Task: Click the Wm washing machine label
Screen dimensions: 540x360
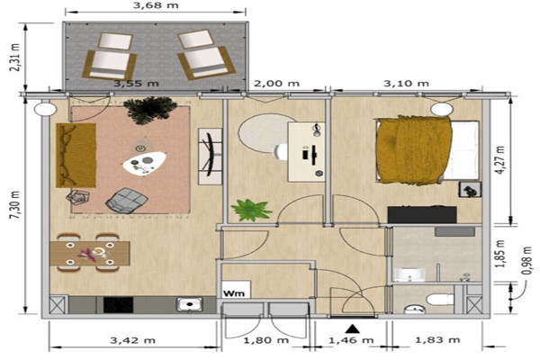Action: click(234, 293)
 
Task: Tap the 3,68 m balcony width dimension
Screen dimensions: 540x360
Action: click(156, 5)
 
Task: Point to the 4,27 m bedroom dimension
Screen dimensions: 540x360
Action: click(501, 160)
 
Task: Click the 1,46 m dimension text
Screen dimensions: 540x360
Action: click(351, 340)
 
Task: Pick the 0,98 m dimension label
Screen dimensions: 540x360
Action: click(526, 261)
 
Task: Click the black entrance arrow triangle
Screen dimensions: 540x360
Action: click(352, 329)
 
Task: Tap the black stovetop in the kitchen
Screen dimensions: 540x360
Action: click(118, 305)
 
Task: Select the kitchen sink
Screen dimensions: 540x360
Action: click(189, 304)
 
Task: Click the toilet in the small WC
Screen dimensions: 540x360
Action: click(439, 299)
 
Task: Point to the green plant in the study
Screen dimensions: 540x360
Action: click(251, 210)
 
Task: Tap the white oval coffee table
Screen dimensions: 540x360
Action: click(145, 164)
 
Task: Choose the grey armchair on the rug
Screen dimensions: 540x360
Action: click(127, 201)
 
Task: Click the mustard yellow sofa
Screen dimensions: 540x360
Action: click(76, 156)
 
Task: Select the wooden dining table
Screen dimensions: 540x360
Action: click(89, 254)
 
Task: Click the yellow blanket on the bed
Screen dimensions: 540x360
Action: click(412, 150)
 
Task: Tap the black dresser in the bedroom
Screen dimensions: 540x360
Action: click(422, 214)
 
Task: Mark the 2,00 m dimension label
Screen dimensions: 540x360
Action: click(276, 84)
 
